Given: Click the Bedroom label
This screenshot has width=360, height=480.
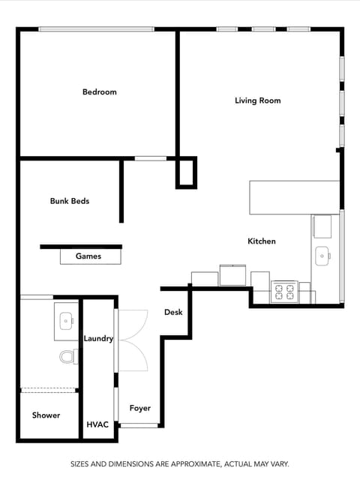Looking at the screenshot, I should pyautogui.click(x=100, y=92).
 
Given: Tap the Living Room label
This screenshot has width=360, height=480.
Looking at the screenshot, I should pyautogui.click(x=257, y=100).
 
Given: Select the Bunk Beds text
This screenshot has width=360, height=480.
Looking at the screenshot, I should pyautogui.click(x=70, y=201).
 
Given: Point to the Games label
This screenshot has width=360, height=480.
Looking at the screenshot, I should pyautogui.click(x=88, y=256).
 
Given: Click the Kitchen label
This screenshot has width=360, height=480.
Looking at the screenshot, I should pyautogui.click(x=262, y=241).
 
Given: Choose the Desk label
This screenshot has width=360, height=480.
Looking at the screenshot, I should pyautogui.click(x=173, y=312).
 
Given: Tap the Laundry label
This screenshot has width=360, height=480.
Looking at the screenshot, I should pyautogui.click(x=98, y=339).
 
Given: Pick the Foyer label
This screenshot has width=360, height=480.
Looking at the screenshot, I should pyautogui.click(x=140, y=409).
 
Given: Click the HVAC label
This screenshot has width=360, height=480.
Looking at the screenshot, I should pyautogui.click(x=97, y=424).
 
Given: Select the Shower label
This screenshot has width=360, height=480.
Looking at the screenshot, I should pyautogui.click(x=46, y=415).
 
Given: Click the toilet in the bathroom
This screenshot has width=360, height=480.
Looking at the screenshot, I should pyautogui.click(x=67, y=356).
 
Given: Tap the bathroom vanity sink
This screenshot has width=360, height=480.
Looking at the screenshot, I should pyautogui.click(x=66, y=321).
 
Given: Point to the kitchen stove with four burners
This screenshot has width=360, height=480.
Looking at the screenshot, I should pyautogui.click(x=285, y=291).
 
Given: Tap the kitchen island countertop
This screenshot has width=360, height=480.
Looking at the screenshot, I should pyautogui.click(x=294, y=197).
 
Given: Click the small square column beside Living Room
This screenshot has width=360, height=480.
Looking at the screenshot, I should pyautogui.click(x=184, y=174).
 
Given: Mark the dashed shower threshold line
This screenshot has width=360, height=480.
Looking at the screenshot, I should pyautogui.click(x=49, y=390).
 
